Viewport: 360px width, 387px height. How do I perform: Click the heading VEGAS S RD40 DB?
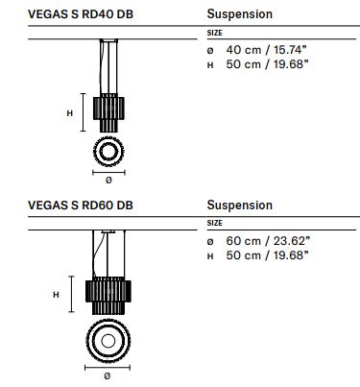[x=81, y=14]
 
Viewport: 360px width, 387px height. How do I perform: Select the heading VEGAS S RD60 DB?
[x=81, y=206]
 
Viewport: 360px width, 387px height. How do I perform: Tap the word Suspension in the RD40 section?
[x=240, y=14]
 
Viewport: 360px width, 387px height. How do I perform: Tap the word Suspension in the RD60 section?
[x=240, y=206]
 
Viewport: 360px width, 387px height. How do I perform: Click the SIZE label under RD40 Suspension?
[x=214, y=33]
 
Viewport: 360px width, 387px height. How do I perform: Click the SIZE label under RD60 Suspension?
[x=214, y=223]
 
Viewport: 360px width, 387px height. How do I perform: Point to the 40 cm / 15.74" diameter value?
[x=266, y=50]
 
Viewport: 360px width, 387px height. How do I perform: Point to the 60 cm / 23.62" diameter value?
[x=268, y=241]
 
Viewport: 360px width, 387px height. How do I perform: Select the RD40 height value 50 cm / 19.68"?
[x=267, y=64]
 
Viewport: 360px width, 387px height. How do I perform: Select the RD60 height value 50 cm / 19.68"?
[x=267, y=255]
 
